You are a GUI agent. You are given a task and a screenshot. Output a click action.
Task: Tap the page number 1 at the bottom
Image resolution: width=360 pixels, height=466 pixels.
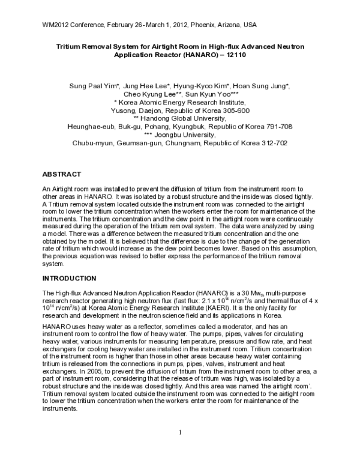180,432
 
